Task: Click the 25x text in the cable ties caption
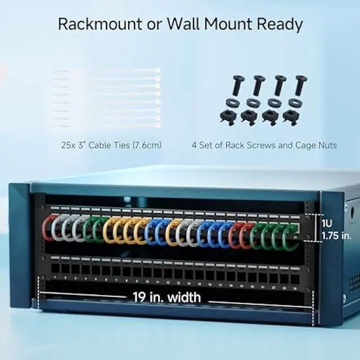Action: pyautogui.click(x=69, y=145)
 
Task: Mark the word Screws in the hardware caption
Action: pyautogui.click(x=258, y=145)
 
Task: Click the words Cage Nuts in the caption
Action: pyautogui.click(x=314, y=145)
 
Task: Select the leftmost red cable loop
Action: pyautogui.click(x=49, y=228)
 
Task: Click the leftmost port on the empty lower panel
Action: pyautogui.click(x=56, y=267)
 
